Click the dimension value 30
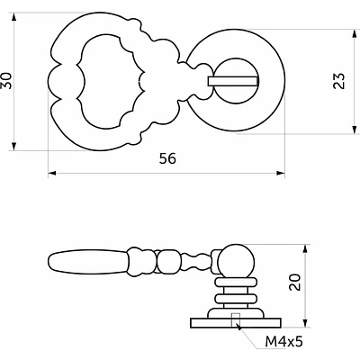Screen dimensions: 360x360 pos(7,81)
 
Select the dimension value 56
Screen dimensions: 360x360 pos(167,158)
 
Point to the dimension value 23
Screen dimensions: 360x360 pos(339,81)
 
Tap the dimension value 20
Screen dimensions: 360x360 pos(295,283)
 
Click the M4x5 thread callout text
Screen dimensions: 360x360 pos(283,341)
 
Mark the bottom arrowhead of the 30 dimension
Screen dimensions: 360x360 pos(13,146)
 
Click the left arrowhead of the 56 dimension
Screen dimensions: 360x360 pos(52,173)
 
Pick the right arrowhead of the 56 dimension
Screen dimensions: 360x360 pos(281,173)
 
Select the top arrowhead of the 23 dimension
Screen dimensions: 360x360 pos(355,33)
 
